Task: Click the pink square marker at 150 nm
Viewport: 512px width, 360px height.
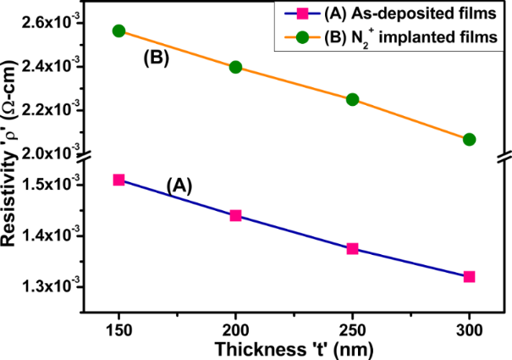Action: [x=118, y=180]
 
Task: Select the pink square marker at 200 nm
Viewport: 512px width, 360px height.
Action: [x=236, y=215]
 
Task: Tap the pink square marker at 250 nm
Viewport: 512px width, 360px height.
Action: [x=353, y=248]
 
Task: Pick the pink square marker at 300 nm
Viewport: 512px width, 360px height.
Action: [x=470, y=276]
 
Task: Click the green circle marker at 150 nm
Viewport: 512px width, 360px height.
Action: [x=118, y=30]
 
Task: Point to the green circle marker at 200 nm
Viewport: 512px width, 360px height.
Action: [x=236, y=67]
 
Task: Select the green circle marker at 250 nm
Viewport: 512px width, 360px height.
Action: [x=353, y=99]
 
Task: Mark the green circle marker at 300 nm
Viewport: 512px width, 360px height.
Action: [x=470, y=139]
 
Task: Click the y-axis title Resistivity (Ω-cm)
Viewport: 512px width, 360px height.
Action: [x=12, y=169]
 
